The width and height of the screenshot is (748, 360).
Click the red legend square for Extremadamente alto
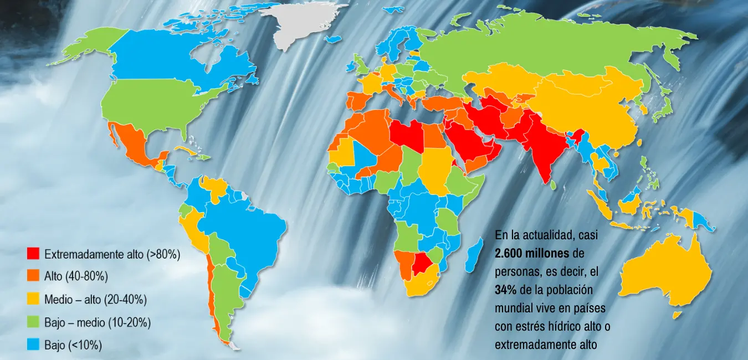34,254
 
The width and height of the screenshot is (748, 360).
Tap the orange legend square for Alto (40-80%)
34,276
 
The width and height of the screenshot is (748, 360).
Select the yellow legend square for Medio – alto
34,299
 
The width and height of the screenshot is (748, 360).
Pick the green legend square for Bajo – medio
34,322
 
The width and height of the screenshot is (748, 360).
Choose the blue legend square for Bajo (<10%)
34,344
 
